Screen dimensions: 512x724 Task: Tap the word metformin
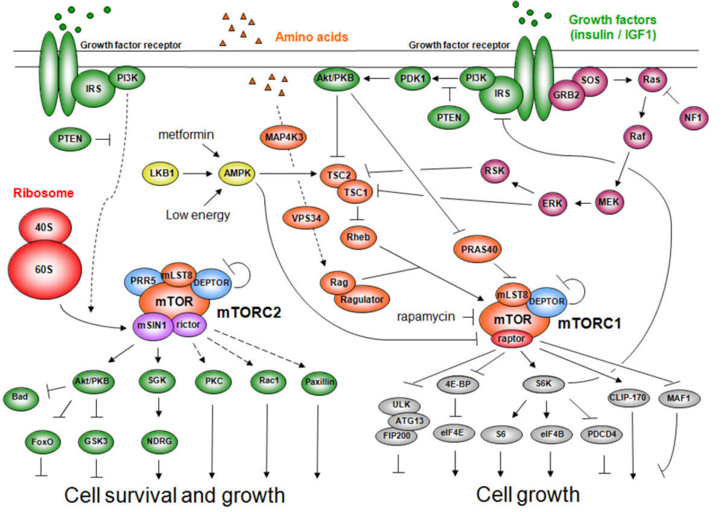pos(186,134)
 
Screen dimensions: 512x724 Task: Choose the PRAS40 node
pos(477,248)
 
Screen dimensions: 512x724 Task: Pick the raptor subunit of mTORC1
pos(513,340)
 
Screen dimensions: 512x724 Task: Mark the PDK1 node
pos(414,78)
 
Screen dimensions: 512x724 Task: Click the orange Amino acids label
pos(311,37)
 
